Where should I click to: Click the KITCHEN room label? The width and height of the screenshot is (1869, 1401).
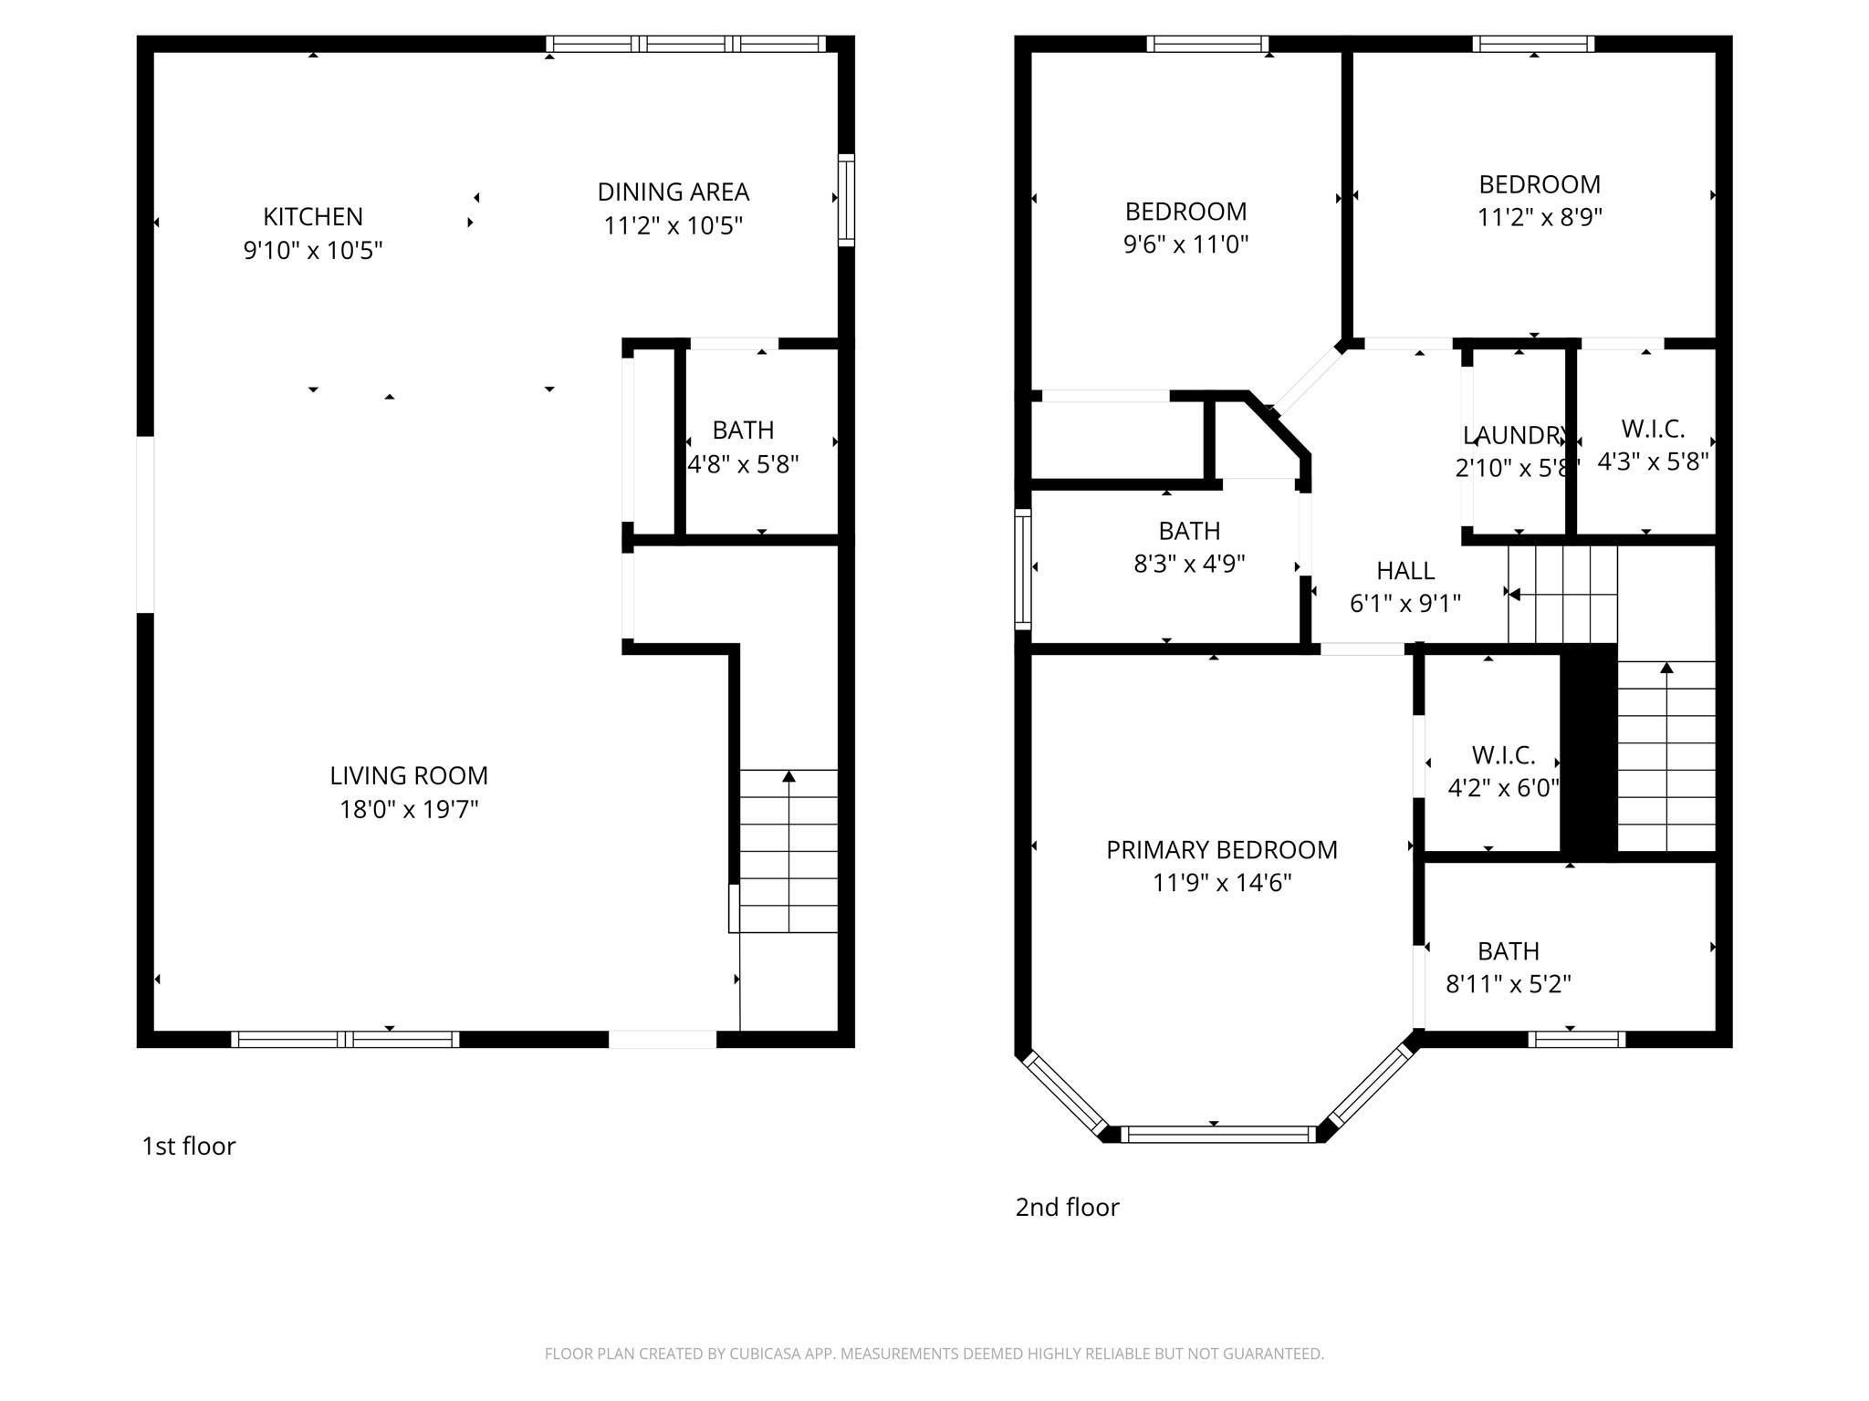point(312,216)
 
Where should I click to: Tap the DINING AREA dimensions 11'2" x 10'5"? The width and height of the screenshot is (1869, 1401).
point(673,225)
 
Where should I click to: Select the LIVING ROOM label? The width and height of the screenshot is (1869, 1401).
point(408,775)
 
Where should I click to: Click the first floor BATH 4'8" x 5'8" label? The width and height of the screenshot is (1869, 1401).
point(743,430)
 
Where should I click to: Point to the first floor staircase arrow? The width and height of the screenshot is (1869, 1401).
point(788,777)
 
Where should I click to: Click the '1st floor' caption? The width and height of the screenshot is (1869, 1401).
point(188,1146)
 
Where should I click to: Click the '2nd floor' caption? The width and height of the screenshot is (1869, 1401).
point(1067,1207)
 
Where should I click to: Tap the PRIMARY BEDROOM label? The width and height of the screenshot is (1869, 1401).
point(1221,849)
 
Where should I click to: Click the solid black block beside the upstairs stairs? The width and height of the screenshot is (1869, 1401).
point(1588,752)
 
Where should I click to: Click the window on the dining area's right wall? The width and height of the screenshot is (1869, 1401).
point(846,200)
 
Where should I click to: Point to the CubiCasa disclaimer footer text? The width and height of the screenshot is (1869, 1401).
point(934,1354)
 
